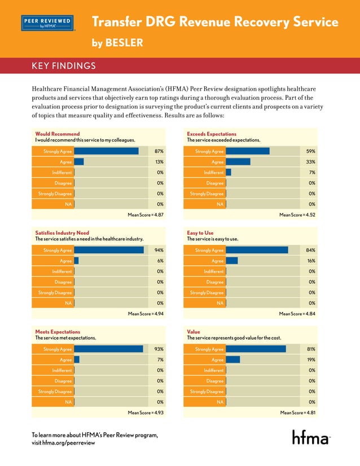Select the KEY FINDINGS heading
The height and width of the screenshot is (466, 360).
(x=63, y=67)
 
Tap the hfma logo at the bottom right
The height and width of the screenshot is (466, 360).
(x=310, y=437)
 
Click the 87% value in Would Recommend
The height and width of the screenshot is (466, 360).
(x=159, y=151)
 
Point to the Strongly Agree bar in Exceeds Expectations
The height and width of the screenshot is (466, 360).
(x=247, y=151)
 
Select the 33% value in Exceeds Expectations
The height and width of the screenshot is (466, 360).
(x=311, y=162)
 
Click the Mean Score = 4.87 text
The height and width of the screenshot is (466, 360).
(x=146, y=214)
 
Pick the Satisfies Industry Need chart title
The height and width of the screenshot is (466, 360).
(x=62, y=232)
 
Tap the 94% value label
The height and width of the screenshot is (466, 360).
(x=159, y=250)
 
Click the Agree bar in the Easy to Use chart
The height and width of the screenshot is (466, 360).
(x=231, y=261)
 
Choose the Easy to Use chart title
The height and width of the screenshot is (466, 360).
(x=200, y=232)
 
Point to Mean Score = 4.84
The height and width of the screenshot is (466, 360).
(x=297, y=313)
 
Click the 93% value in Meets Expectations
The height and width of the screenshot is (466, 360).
(x=159, y=349)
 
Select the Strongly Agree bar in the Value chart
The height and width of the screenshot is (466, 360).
(x=255, y=349)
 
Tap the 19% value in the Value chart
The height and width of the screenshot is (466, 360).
(x=311, y=360)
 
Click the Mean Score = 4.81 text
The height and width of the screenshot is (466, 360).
(x=297, y=412)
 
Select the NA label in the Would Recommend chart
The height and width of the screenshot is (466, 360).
(x=68, y=204)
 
